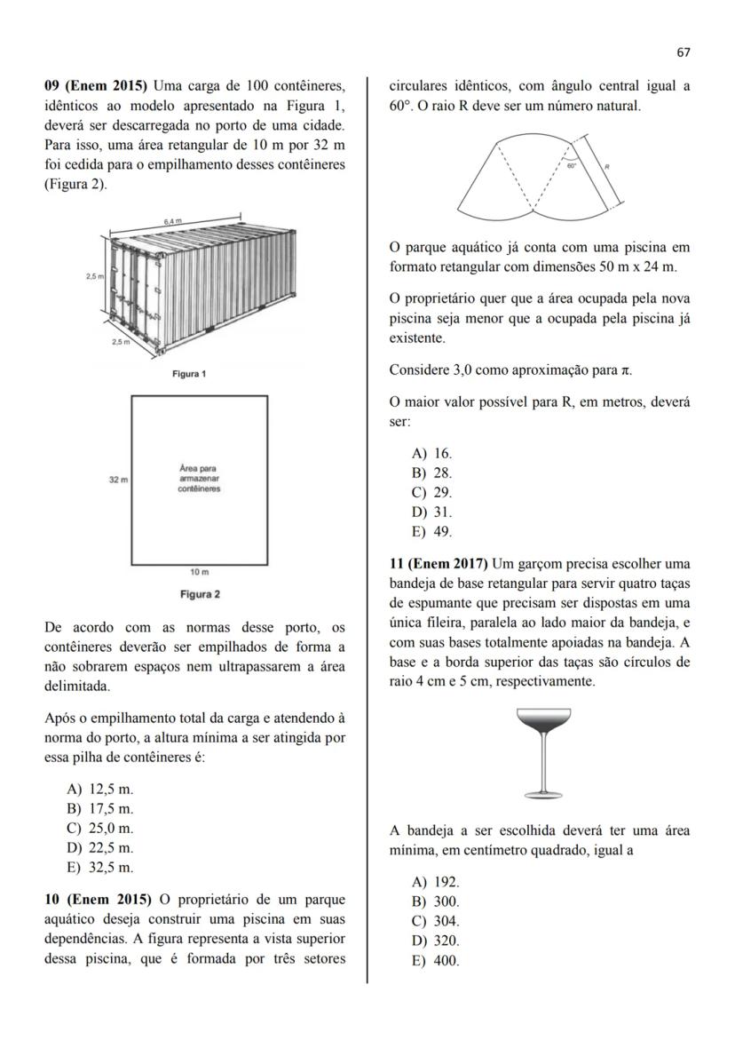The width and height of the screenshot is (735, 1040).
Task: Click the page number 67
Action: click(683, 52)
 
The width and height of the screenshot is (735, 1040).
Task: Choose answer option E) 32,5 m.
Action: click(100, 868)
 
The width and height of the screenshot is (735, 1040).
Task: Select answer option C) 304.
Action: click(436, 921)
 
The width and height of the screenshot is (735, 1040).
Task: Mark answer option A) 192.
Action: click(436, 882)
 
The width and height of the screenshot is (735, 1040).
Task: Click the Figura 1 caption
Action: click(189, 374)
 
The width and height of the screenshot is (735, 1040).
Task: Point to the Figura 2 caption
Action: click(200, 593)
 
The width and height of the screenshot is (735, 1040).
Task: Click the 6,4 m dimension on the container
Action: click(174, 219)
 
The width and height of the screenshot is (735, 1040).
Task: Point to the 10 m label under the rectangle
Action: click(200, 574)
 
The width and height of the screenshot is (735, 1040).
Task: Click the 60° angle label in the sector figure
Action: click(573, 165)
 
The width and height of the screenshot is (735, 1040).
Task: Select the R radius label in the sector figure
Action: click(607, 166)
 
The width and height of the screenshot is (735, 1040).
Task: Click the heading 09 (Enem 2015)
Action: click(97, 86)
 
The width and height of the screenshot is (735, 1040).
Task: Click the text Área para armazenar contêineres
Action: click(199, 479)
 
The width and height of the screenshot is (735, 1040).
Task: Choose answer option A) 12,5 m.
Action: click(100, 789)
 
